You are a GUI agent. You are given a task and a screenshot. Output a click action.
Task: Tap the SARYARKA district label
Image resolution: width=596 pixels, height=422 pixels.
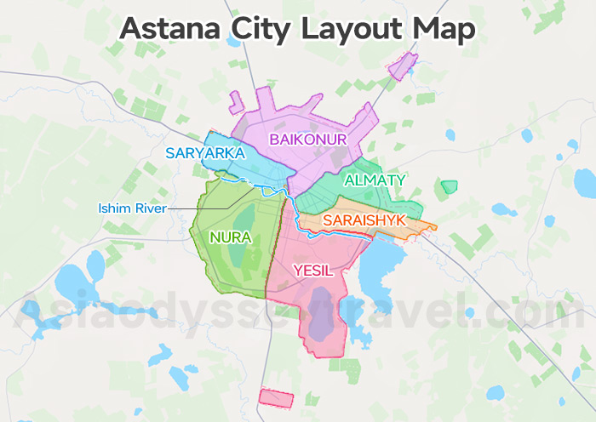[x=205, y=154]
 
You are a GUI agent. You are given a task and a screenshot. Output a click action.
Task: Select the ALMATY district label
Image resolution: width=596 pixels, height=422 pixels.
[x=375, y=180]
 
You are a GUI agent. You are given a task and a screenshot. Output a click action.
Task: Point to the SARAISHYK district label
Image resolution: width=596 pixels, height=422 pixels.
[x=365, y=221]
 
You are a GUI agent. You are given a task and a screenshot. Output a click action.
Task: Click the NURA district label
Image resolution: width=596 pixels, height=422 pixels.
[x=231, y=238]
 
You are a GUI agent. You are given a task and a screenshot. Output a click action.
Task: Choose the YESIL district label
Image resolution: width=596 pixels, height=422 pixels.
[x=312, y=271]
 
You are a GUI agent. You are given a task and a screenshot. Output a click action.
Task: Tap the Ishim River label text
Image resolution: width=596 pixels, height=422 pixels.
[x=132, y=208]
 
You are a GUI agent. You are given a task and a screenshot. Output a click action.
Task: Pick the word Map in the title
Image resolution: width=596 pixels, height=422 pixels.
[x=445, y=28]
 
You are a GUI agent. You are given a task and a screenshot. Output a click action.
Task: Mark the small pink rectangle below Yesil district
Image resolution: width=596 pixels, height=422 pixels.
[x=276, y=397]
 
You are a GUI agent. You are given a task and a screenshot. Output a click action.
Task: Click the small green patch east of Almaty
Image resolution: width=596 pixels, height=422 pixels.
[x=449, y=186]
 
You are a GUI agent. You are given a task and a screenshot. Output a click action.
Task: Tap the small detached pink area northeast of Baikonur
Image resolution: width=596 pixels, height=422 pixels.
[x=403, y=65]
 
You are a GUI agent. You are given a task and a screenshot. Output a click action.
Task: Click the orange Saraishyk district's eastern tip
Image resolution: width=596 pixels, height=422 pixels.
[x=433, y=227]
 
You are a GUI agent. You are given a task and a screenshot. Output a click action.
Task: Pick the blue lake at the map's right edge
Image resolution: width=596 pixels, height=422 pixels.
[x=585, y=182]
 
